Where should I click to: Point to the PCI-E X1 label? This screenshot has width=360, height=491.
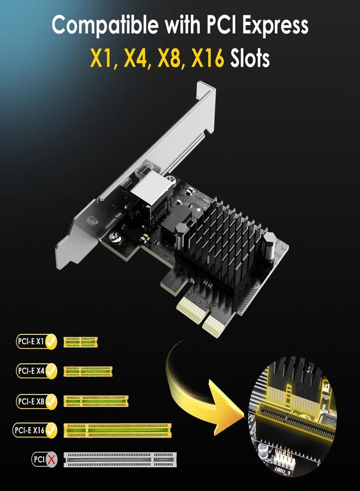[31, 342]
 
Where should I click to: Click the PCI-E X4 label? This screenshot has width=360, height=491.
[31, 371]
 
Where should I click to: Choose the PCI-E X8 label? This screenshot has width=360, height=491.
[31, 401]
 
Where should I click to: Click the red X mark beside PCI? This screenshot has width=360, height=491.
[51, 459]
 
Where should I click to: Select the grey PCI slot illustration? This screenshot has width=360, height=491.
[120, 459]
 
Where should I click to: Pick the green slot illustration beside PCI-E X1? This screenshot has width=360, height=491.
[81, 342]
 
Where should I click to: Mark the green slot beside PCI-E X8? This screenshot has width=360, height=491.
[96, 401]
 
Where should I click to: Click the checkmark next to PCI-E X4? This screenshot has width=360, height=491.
[51, 371]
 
